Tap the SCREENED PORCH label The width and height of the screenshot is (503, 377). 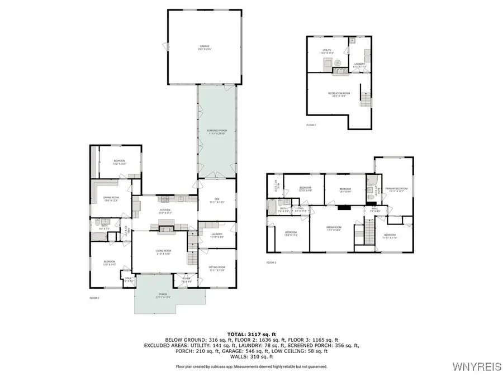click(216, 132)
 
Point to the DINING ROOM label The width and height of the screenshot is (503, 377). click(111, 198)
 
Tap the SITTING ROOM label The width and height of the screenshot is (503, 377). click(216, 269)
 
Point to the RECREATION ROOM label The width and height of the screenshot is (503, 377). click(335, 94)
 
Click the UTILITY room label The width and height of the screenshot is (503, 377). click(327, 51)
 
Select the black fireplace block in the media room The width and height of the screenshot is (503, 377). click(343, 207)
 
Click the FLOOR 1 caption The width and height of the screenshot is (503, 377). click(311, 125)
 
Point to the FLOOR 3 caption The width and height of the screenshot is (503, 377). click(271, 263)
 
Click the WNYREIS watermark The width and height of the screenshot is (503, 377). click(478, 367)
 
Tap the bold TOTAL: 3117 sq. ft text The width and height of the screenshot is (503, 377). click(251, 333)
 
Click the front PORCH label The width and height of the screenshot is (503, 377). click(163, 295)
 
